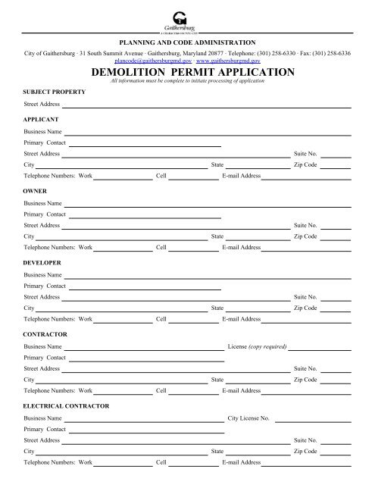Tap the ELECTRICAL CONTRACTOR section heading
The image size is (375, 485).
(x=66, y=405)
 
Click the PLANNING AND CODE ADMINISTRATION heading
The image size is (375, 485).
(x=187, y=42)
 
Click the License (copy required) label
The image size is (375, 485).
(x=257, y=347)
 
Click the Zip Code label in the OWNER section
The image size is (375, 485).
(x=305, y=236)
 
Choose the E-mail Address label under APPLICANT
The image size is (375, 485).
(x=241, y=175)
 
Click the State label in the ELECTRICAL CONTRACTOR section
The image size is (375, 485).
(x=217, y=451)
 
